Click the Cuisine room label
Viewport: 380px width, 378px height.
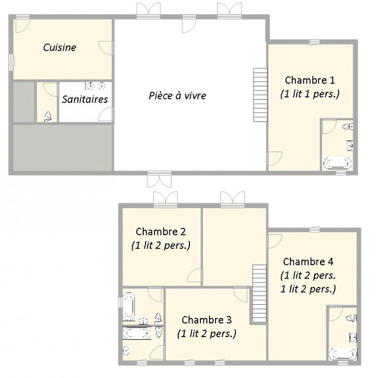(x=60, y=47)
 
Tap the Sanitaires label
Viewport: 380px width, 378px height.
(x=85, y=99)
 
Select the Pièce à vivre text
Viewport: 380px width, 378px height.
(x=177, y=95)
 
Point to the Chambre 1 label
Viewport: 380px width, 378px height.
(x=310, y=80)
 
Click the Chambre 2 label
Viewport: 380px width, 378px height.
(x=160, y=232)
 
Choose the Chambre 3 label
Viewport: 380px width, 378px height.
(x=207, y=320)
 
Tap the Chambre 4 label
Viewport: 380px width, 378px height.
(x=308, y=262)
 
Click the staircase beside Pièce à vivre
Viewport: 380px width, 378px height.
(x=260, y=95)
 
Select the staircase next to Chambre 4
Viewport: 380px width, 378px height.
(x=259, y=293)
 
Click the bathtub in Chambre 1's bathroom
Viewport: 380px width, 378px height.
(x=338, y=163)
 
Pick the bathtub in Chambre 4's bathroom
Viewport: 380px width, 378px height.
(x=343, y=354)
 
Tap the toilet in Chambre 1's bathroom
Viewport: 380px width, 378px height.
(x=348, y=126)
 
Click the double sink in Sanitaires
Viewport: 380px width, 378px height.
(x=96, y=86)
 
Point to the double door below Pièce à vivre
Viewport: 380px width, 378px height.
(x=159, y=179)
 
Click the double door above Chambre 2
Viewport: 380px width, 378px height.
(x=165, y=199)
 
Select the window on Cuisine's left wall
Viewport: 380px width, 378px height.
(x=11, y=63)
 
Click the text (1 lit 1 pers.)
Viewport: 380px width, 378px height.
(x=310, y=94)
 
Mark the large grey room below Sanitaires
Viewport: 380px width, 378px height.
(x=63, y=148)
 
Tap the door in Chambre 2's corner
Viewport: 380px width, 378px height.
(x=194, y=275)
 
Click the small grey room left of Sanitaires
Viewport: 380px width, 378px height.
(x=24, y=102)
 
